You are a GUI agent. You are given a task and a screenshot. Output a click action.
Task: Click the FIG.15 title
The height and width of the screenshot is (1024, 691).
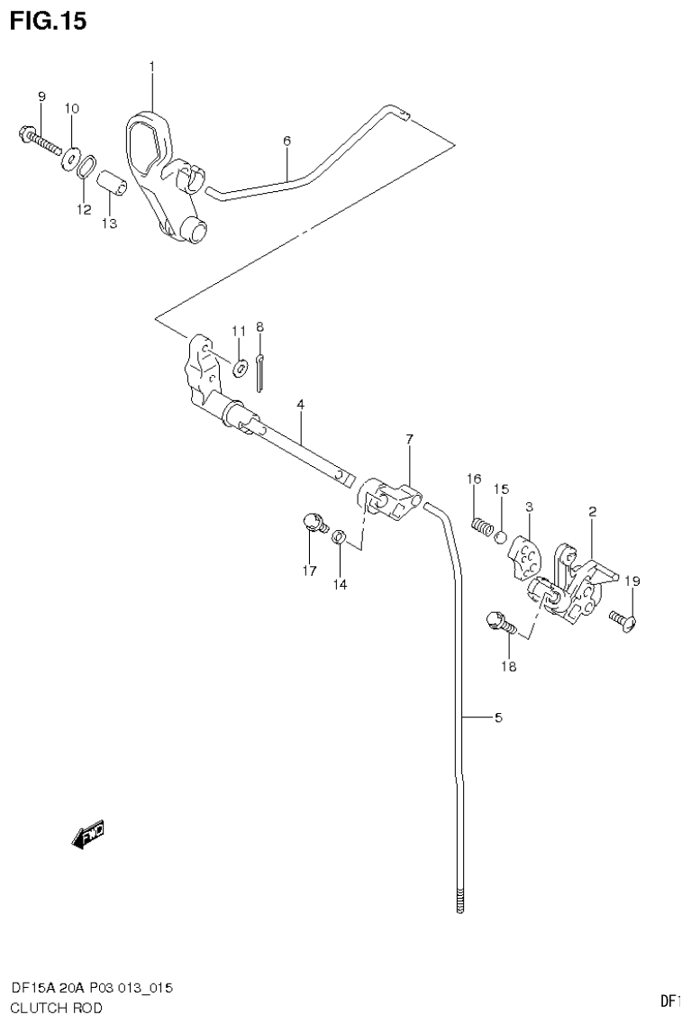(49, 21)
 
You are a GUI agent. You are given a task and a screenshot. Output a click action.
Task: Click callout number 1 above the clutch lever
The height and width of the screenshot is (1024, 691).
(151, 67)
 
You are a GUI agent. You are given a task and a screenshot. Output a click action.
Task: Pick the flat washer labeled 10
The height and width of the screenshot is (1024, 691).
(70, 160)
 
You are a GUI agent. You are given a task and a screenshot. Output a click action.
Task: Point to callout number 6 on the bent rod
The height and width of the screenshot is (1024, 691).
(286, 141)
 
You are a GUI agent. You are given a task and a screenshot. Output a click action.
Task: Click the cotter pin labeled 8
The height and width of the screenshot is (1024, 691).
(259, 371)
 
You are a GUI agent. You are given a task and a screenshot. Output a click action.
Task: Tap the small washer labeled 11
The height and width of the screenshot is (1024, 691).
(239, 368)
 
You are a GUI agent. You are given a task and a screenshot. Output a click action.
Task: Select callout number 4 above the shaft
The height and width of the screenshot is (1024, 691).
(300, 407)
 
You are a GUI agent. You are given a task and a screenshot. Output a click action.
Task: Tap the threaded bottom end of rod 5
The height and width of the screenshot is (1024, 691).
(461, 902)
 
